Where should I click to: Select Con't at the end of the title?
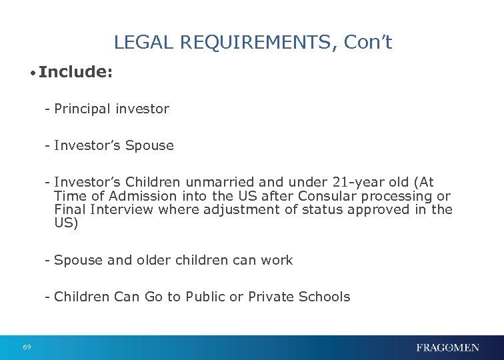[368, 43]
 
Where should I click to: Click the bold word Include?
[75, 72]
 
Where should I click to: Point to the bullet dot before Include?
[32, 73]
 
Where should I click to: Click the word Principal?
[82, 109]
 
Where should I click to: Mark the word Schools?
[327, 297]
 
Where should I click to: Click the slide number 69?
[27, 347]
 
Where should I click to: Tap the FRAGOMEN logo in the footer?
[447, 347]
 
